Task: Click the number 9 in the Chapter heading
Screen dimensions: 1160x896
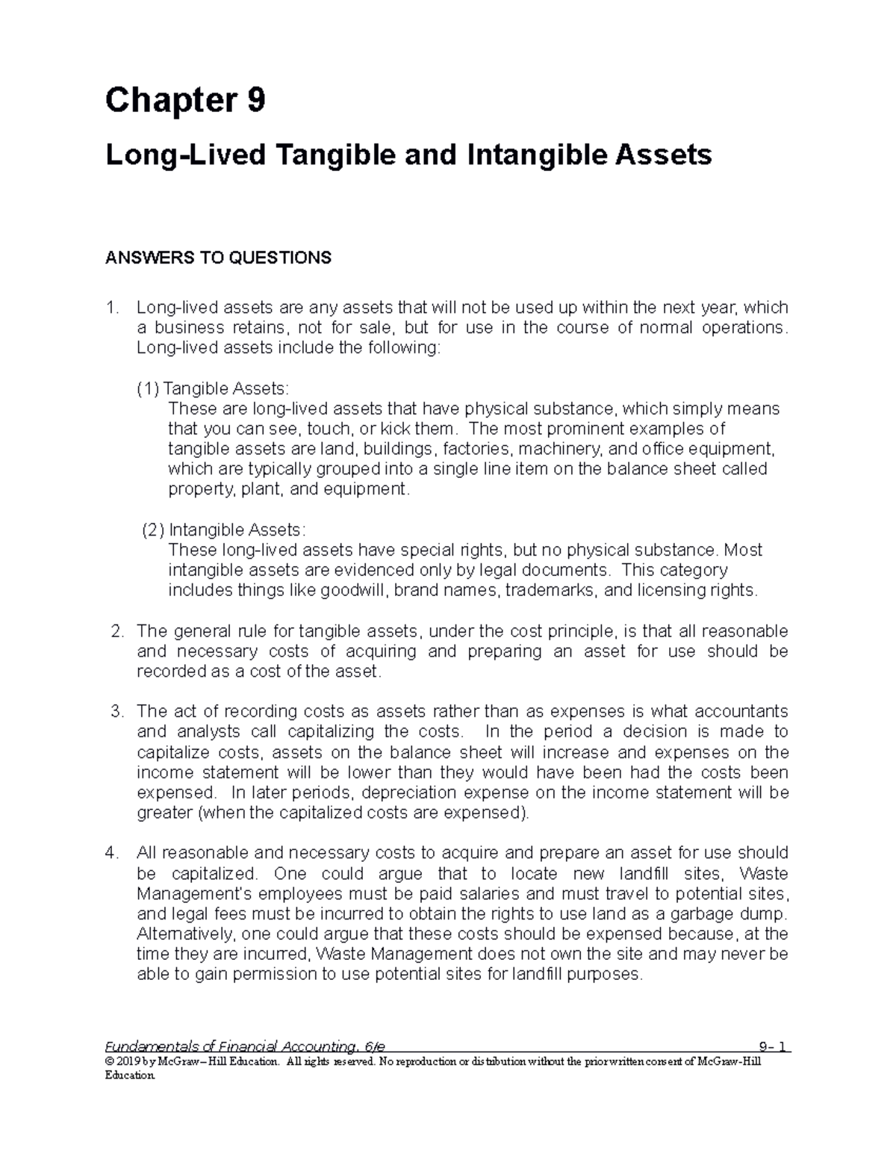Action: click(255, 100)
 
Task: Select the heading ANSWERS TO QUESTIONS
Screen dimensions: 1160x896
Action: click(218, 258)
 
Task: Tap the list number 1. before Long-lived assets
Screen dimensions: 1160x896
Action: click(113, 308)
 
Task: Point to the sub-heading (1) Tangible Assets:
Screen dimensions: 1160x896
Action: click(212, 388)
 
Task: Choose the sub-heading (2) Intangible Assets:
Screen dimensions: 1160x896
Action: click(224, 530)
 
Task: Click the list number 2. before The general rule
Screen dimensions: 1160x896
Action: click(116, 631)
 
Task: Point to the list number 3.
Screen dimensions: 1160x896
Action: click(116, 711)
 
